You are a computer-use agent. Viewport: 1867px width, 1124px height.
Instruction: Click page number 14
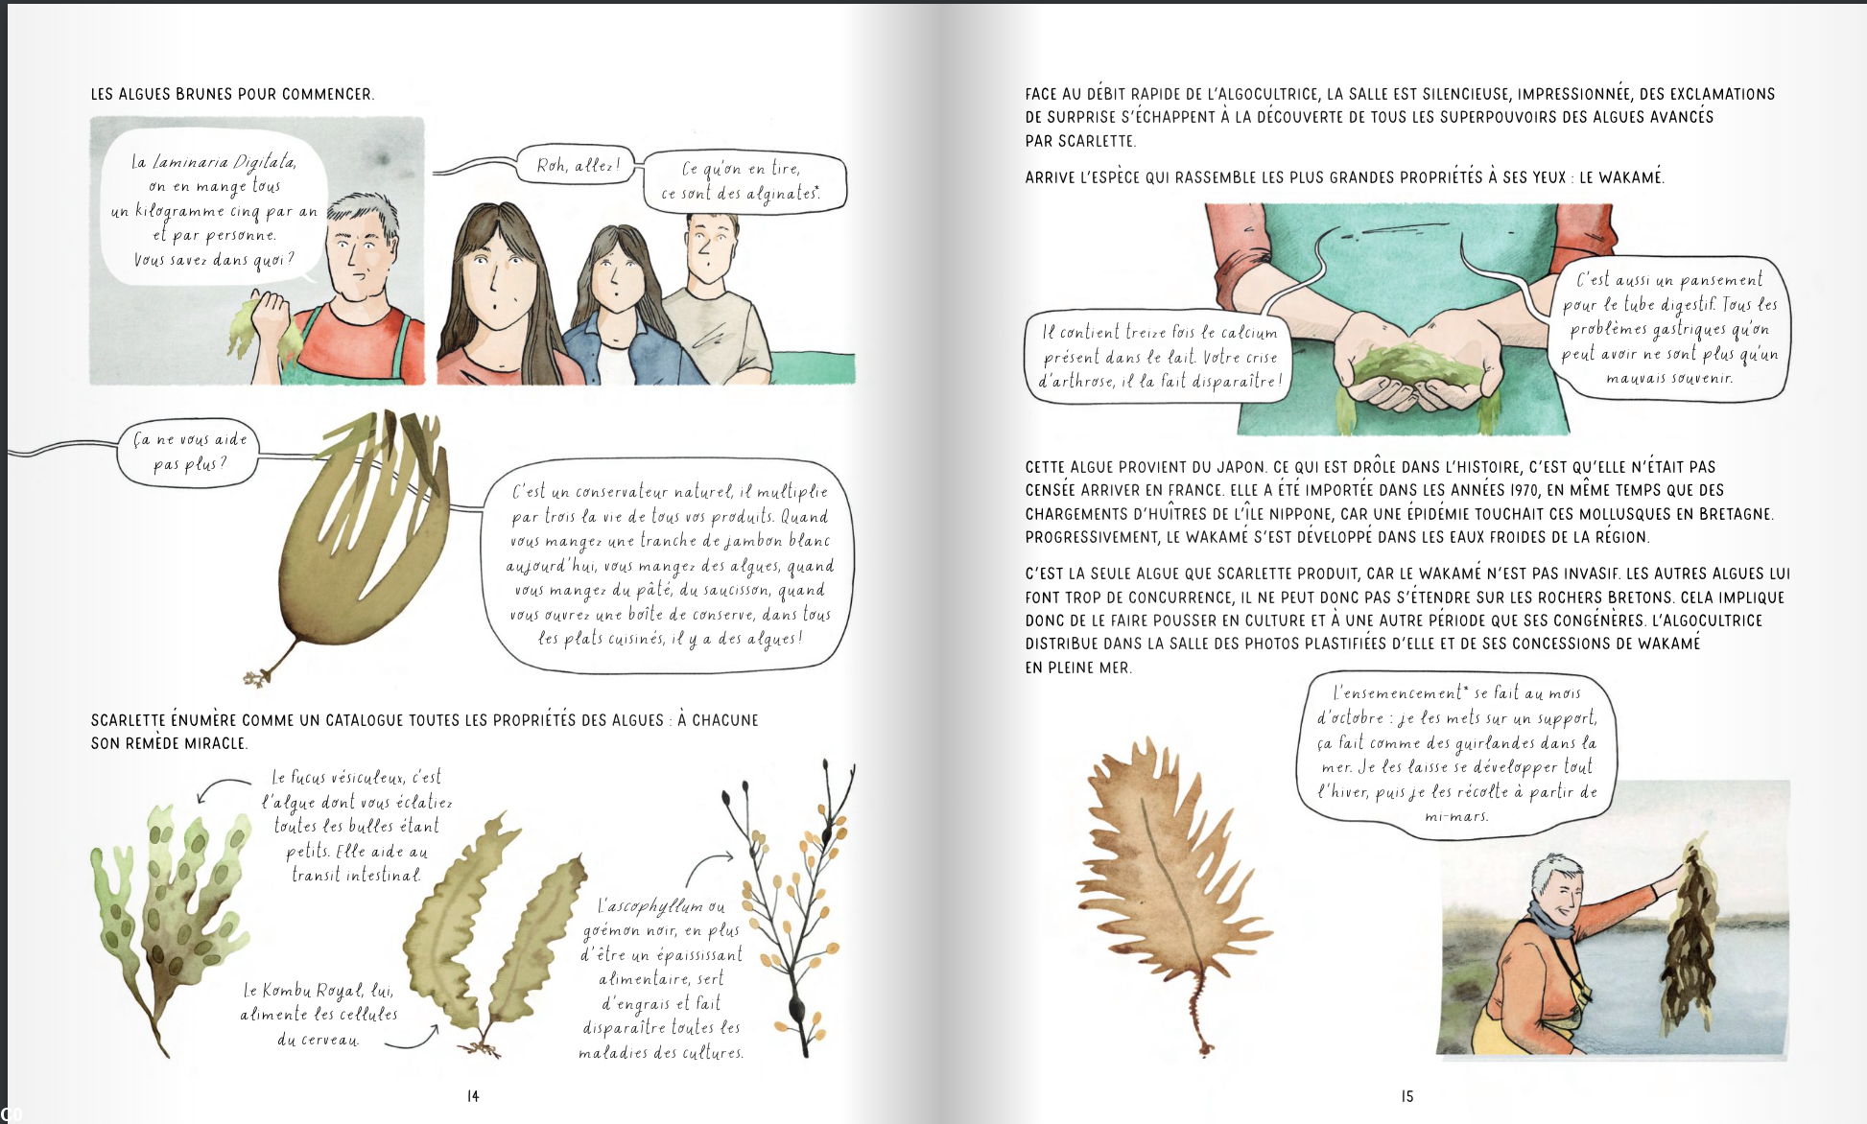pos(473,1096)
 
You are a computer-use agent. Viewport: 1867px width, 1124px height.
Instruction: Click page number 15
pos(1407,1096)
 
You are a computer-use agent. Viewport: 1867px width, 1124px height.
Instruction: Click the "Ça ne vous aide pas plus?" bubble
pos(189,452)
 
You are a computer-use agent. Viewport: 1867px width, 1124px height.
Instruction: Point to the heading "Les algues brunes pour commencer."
pos(232,94)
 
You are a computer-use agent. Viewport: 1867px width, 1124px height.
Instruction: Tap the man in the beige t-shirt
pos(715,297)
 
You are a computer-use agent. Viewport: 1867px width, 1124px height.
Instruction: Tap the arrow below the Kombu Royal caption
pos(413,1039)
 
